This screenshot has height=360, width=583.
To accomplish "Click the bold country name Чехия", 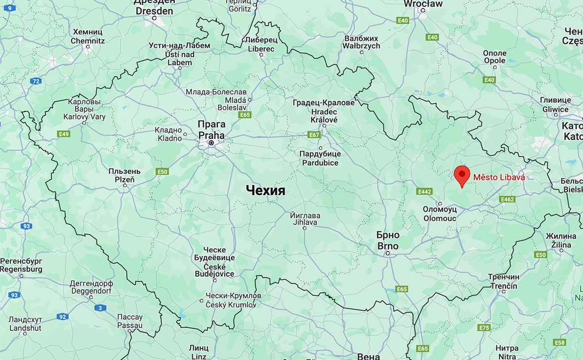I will click(265, 191).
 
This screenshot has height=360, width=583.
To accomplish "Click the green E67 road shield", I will click(314, 134).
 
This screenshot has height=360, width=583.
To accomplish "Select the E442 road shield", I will click(424, 191).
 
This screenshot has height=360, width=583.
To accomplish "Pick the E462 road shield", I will click(507, 199).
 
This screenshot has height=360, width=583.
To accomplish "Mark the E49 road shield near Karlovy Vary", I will click(63, 134).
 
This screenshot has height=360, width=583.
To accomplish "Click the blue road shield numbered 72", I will click(36, 81).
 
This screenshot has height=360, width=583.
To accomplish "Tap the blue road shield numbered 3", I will click(100, 308).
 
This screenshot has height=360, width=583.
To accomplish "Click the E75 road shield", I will click(484, 327).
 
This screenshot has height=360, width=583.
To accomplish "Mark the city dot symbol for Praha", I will click(211, 143).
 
